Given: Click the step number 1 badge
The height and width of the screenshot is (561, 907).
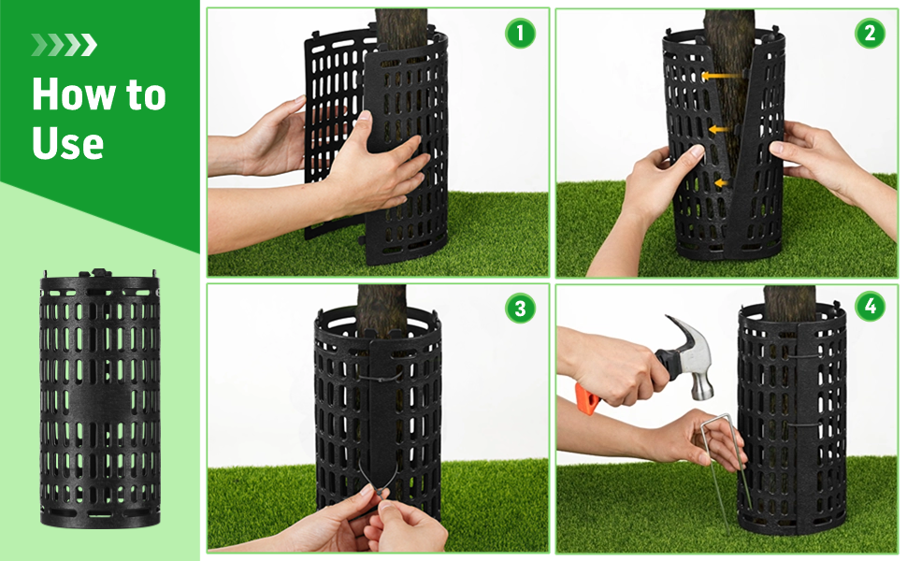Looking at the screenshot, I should pos(520,34).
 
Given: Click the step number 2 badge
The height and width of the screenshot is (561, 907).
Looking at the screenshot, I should pos(870,34).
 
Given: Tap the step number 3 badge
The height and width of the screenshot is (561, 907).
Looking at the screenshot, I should pos(520,308).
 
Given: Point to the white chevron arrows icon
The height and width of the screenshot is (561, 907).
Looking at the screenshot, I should pos(64,45).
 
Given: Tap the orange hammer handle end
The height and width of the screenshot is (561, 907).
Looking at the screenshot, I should pos(586,397).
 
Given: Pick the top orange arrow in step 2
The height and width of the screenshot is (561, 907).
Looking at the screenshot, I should pos(717,75).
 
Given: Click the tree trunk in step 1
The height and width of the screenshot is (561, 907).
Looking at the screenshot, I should pos(400,28).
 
